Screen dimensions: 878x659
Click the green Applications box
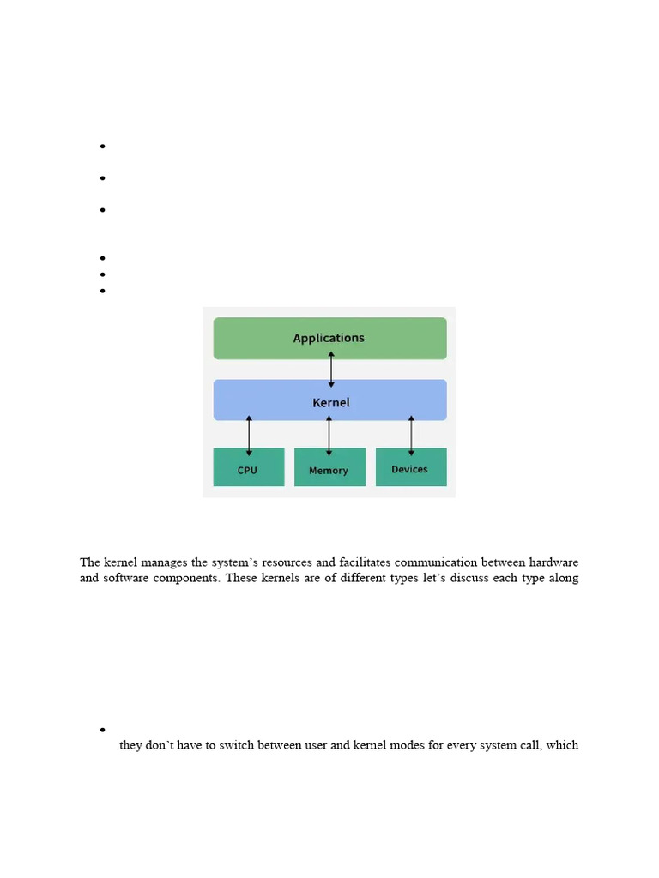click(x=329, y=338)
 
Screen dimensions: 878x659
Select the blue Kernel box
click(x=329, y=400)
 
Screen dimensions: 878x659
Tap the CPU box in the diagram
click(x=248, y=467)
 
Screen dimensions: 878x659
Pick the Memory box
click(x=329, y=467)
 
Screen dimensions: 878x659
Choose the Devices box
click(x=410, y=467)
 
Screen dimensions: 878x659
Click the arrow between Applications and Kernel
click(x=331, y=370)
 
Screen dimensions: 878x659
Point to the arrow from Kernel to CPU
click(x=249, y=436)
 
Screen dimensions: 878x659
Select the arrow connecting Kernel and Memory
click(x=329, y=436)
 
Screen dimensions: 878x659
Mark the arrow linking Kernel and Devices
click(x=411, y=436)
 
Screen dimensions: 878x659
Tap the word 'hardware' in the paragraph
click(x=551, y=562)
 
